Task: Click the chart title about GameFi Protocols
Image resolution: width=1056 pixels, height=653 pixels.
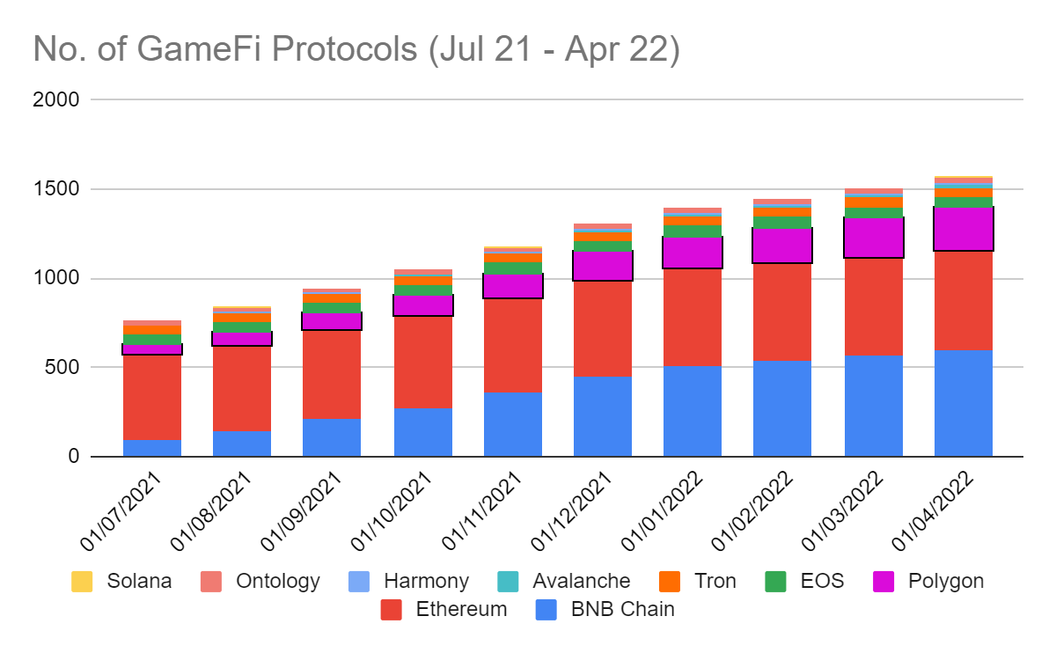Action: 356,49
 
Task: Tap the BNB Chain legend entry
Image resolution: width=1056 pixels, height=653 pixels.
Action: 622,608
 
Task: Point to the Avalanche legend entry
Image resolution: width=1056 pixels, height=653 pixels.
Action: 581,581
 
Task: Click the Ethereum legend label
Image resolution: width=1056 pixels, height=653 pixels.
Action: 461,608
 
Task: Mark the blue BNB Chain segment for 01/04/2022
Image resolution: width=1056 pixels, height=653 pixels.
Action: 964,403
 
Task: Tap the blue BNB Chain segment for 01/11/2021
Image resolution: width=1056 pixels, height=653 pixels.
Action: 513,424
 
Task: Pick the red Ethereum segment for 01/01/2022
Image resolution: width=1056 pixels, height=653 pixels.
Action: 693,317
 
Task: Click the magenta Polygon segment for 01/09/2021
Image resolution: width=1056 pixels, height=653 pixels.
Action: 332,321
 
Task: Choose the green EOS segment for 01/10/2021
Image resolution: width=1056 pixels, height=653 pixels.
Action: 423,290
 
